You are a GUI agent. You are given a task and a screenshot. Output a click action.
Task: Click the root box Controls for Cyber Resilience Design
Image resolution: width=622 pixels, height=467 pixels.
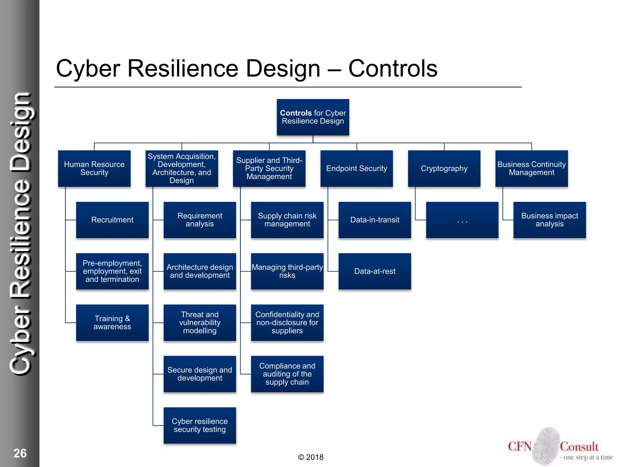click(x=313, y=117)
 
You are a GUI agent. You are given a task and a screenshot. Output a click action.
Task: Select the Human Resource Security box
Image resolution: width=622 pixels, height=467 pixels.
click(x=94, y=168)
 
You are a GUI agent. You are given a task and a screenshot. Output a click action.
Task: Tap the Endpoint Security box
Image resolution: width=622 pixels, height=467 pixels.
click(x=357, y=168)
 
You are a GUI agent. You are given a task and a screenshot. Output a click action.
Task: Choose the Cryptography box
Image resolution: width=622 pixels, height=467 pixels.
click(x=444, y=168)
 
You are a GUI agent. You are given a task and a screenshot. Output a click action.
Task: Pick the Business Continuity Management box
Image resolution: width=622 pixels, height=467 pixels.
click(x=531, y=168)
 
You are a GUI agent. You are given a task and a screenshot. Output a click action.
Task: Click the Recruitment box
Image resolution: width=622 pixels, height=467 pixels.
click(x=112, y=220)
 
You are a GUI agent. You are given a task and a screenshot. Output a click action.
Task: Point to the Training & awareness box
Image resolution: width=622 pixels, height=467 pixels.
click(x=112, y=323)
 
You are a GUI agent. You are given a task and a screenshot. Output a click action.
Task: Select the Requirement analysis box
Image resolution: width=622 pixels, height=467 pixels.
click(x=200, y=220)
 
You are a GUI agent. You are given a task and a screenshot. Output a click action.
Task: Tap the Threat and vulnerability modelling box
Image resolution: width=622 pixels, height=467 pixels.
click(x=200, y=323)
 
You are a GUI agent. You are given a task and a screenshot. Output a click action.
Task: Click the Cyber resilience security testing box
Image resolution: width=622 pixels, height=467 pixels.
click(x=200, y=425)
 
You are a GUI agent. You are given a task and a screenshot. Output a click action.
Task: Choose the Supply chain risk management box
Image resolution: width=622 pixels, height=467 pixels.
click(x=287, y=220)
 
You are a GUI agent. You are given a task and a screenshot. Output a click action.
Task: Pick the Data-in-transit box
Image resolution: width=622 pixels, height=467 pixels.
click(x=374, y=220)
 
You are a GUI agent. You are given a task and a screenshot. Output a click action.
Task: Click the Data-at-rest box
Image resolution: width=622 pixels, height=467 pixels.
click(x=374, y=271)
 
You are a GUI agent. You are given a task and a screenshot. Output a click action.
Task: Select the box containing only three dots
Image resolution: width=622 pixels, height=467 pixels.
click(x=462, y=220)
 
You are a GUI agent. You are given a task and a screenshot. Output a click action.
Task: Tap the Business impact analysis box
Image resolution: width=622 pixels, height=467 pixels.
click(x=549, y=220)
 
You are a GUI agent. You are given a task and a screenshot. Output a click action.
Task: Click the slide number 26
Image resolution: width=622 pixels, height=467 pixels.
click(x=20, y=453)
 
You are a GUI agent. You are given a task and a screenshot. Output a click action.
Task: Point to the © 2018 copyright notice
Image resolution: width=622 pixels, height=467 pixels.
click(x=311, y=457)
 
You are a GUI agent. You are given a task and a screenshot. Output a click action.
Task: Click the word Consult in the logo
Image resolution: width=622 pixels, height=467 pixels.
click(x=579, y=447)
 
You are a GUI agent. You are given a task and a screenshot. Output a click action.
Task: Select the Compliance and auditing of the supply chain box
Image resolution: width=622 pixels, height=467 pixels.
click(x=287, y=374)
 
